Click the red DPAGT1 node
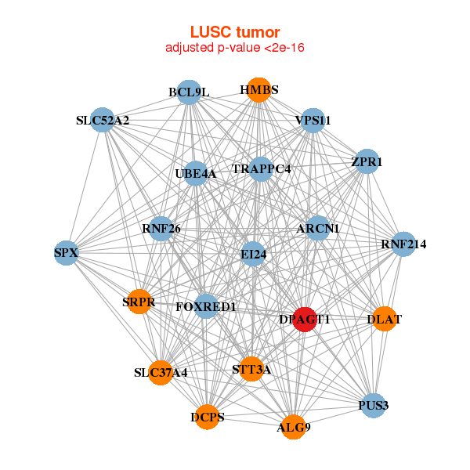305,320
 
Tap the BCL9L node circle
189,92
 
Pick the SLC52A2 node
103,120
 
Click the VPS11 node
313,121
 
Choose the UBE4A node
196,173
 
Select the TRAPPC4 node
261,168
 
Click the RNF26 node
161,229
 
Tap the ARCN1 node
318,228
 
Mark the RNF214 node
403,244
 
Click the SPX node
67,252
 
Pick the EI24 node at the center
253,253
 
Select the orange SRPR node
139,302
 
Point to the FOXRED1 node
206,306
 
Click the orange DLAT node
384,319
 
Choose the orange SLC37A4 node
161,372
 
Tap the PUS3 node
374,405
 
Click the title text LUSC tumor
235,32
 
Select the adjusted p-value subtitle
235,48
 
